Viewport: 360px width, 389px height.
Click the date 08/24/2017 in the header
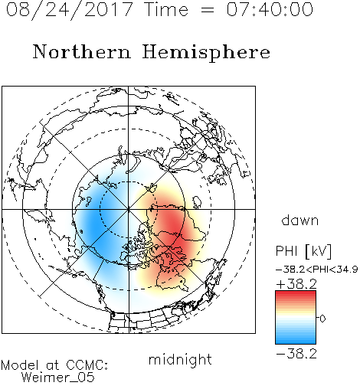(x=69, y=10)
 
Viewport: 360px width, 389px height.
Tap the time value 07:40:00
(x=270, y=9)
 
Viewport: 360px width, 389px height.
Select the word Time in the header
(x=166, y=9)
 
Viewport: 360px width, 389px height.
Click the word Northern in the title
(x=82, y=51)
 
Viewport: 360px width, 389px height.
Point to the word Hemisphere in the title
(x=206, y=53)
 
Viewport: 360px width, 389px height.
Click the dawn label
(x=300, y=220)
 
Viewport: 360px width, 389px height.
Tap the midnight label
(x=180, y=359)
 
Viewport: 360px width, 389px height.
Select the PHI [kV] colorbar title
(x=303, y=251)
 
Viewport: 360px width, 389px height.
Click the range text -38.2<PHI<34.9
(x=317, y=270)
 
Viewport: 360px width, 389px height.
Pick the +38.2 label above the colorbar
(x=296, y=284)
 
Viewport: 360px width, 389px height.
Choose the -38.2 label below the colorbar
(x=296, y=354)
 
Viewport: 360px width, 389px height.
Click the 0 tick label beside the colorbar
(x=322, y=319)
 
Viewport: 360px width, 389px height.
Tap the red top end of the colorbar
(x=296, y=293)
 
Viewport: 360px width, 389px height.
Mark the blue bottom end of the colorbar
(x=296, y=342)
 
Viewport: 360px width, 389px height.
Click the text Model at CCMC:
(x=54, y=365)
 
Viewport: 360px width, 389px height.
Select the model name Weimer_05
(x=58, y=378)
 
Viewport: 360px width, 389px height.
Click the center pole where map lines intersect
(x=129, y=209)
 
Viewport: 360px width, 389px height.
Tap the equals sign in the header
(x=208, y=10)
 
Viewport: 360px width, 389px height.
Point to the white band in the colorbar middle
(x=296, y=318)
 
